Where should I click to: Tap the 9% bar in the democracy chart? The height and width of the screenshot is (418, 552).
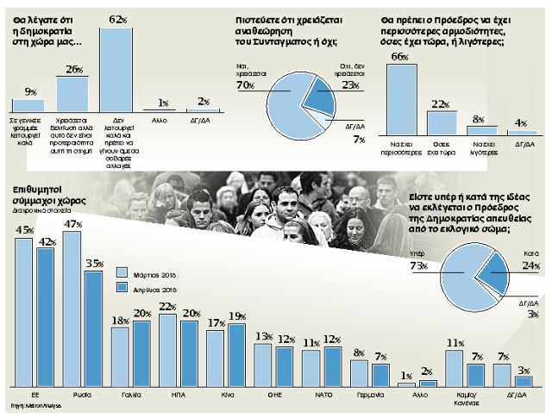pyautogui.click(x=29, y=104)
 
